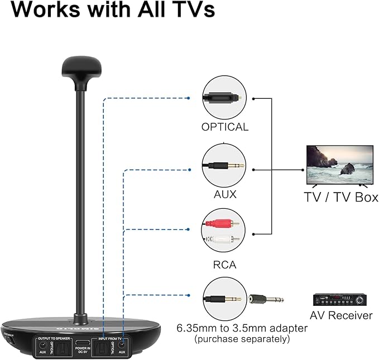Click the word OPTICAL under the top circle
pyautogui.click(x=225, y=127)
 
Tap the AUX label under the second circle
pyautogui.click(x=225, y=195)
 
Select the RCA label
pyautogui.click(x=225, y=264)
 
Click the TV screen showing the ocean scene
pyautogui.click(x=339, y=165)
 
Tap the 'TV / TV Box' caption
pyautogui.click(x=341, y=197)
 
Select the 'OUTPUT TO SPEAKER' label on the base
pyautogui.click(x=55, y=339)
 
